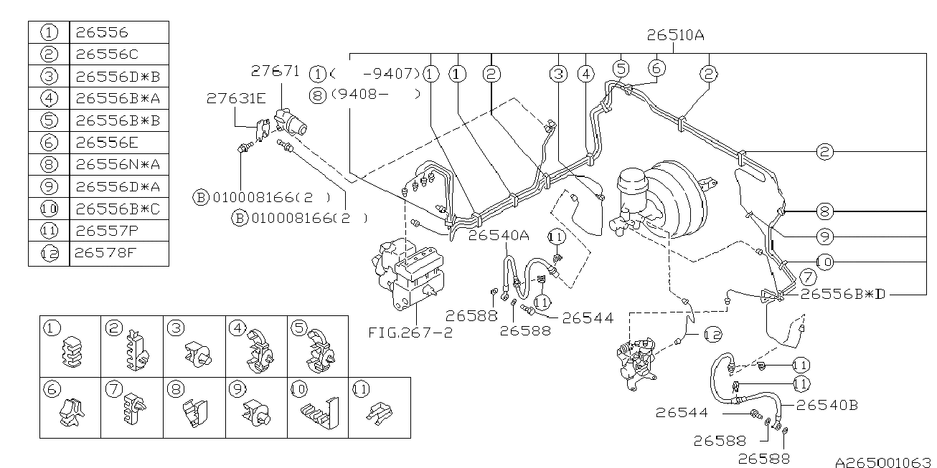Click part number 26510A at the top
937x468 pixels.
[675, 34]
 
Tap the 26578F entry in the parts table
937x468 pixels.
[101, 253]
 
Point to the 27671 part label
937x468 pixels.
[275, 71]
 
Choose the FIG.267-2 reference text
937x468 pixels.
[410, 332]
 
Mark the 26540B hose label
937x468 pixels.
[826, 405]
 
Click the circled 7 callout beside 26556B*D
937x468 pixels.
[808, 277]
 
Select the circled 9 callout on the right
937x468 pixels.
[824, 235]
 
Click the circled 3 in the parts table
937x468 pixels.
[49, 77]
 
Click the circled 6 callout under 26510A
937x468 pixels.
[656, 68]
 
